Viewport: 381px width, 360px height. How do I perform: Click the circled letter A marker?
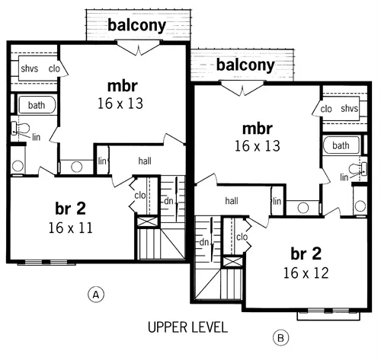pos(95,293)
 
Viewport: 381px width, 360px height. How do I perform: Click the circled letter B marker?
pos(279,336)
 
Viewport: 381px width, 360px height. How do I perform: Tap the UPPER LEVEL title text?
pos(187,328)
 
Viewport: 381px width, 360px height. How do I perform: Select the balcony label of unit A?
pos(137,25)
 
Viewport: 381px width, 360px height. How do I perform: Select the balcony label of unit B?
pos(245,65)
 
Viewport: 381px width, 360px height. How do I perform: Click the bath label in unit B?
pos(341,145)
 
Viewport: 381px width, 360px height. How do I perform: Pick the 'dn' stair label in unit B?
pos(204,242)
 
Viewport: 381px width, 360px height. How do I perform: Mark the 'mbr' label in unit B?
pos(258,127)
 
